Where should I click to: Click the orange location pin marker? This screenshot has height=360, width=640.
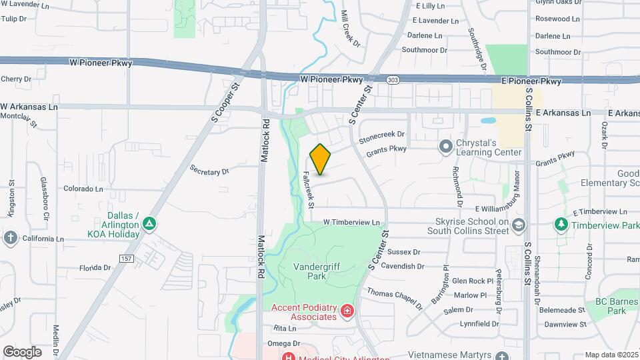(321, 159)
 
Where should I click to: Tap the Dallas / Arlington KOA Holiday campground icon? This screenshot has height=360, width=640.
(151, 223)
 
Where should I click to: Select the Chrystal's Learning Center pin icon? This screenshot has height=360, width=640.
(445, 145)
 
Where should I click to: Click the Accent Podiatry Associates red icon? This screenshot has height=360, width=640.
(346, 311)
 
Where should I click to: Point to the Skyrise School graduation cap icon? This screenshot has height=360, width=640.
(519, 226)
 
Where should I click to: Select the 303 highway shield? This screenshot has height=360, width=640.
(393, 79)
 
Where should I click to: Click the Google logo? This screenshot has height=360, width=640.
(22, 352)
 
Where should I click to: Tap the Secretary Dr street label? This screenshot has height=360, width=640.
(209, 171)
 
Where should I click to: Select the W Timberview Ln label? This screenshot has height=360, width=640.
(351, 222)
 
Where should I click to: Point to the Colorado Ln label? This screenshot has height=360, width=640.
(83, 189)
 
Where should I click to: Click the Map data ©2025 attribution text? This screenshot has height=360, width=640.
(611, 355)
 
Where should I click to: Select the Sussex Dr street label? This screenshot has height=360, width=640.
(403, 252)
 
